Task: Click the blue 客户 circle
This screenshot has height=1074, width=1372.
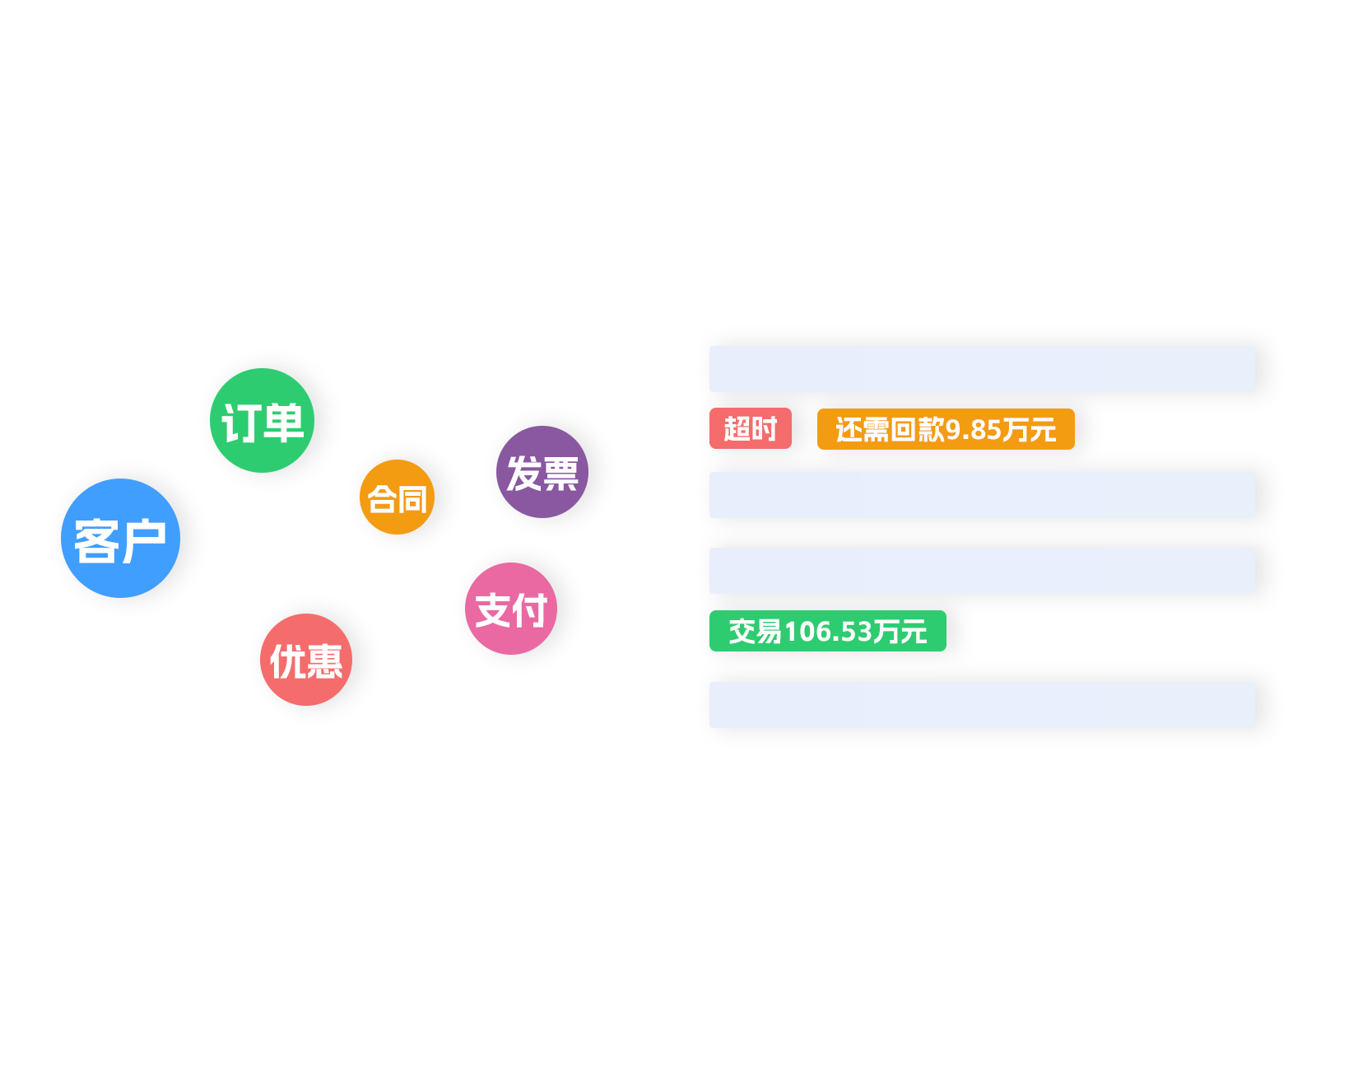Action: click(x=120, y=538)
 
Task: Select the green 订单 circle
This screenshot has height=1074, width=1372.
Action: click(x=262, y=420)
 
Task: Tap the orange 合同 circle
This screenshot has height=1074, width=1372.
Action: click(x=397, y=497)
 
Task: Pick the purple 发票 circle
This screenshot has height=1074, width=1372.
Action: click(x=542, y=472)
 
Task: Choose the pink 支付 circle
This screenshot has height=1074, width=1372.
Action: click(x=511, y=609)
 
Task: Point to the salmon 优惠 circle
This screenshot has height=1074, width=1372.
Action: click(x=306, y=660)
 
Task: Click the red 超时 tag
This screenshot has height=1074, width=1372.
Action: click(x=750, y=428)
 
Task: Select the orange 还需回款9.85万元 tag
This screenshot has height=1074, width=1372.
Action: click(x=946, y=429)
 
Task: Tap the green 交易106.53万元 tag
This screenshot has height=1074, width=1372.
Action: click(x=827, y=631)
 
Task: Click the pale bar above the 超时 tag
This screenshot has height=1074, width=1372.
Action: click(x=982, y=369)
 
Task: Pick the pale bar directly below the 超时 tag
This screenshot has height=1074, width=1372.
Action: click(x=982, y=495)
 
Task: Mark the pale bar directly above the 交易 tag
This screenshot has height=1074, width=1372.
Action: click(x=982, y=571)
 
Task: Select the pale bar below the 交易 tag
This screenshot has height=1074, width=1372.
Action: click(x=982, y=705)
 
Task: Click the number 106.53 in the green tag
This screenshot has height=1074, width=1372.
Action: click(x=828, y=632)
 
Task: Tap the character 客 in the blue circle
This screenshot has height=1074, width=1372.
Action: click(x=97, y=541)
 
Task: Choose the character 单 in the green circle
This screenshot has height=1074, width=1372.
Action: click(x=285, y=423)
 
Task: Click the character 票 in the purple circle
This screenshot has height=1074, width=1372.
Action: click(x=561, y=474)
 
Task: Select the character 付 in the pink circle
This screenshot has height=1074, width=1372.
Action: click(x=530, y=610)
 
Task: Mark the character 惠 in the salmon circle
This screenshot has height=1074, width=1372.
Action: click(x=324, y=661)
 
